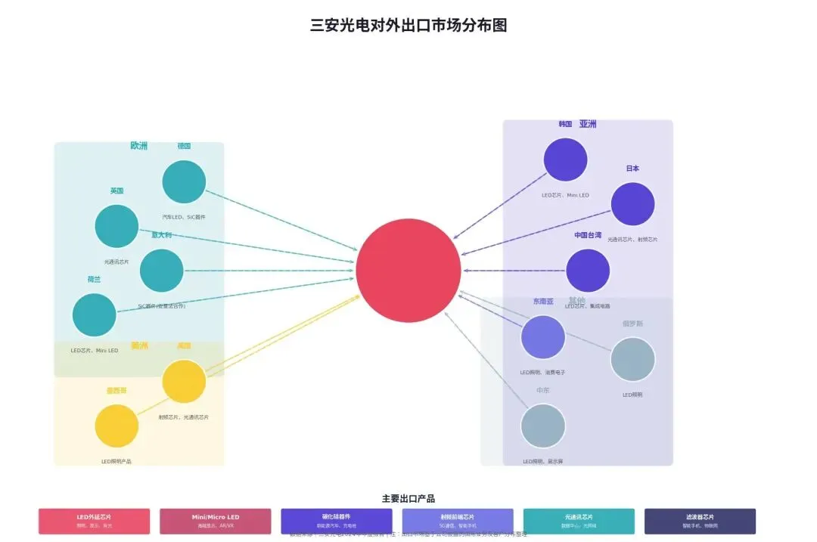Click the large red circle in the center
coord(408,271)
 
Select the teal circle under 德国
coord(184,182)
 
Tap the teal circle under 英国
coord(116,226)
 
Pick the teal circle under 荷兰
coord(95,315)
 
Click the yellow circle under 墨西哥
coord(116,426)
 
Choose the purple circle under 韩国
coord(565,160)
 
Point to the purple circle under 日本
coord(632,204)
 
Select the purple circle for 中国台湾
coord(588,271)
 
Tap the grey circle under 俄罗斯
coord(632,359)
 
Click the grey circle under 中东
coord(543,426)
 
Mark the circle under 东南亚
coord(543,337)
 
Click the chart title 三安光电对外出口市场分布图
coord(408,25)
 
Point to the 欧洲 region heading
coord(139,146)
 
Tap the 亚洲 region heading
coord(588,124)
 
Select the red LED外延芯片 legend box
coord(94,521)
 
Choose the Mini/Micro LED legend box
coord(215,521)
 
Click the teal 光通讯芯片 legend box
coord(579,521)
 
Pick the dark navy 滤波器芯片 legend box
coord(700,521)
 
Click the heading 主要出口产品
coord(408,499)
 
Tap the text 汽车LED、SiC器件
coord(184,217)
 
